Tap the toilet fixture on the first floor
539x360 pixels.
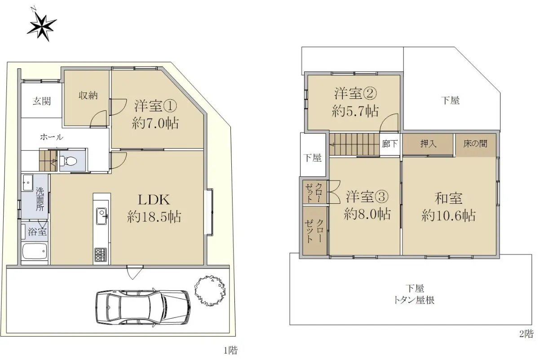coord(68,161)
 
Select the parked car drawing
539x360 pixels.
coord(143,308)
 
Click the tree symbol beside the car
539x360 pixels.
coord(210,291)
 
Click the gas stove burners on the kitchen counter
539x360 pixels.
coord(101,255)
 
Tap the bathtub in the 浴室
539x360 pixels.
coord(35,251)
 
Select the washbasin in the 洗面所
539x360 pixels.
coord(28,183)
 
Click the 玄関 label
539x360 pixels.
coord(42,101)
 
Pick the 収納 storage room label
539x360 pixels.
coord(88,96)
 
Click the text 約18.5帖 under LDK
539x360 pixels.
coord(154,216)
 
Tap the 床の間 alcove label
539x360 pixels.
coord(476,144)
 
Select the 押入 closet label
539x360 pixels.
coord(429,144)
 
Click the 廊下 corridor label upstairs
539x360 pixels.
coord(390,144)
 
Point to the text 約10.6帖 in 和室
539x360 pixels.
coord(449,215)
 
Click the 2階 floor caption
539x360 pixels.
coord(526,334)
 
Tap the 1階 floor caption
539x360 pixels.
coord(230,351)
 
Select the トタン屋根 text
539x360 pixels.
coord(414,300)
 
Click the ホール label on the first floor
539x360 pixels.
coord(52,137)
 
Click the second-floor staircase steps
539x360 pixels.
coord(354,144)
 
